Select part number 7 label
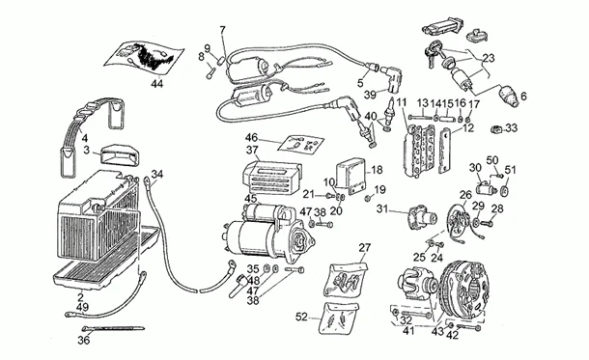[223, 31]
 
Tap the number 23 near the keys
[490, 57]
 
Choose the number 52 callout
[300, 316]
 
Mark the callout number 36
[84, 339]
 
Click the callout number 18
[378, 169]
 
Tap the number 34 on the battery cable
[157, 174]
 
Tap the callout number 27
[365, 248]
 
